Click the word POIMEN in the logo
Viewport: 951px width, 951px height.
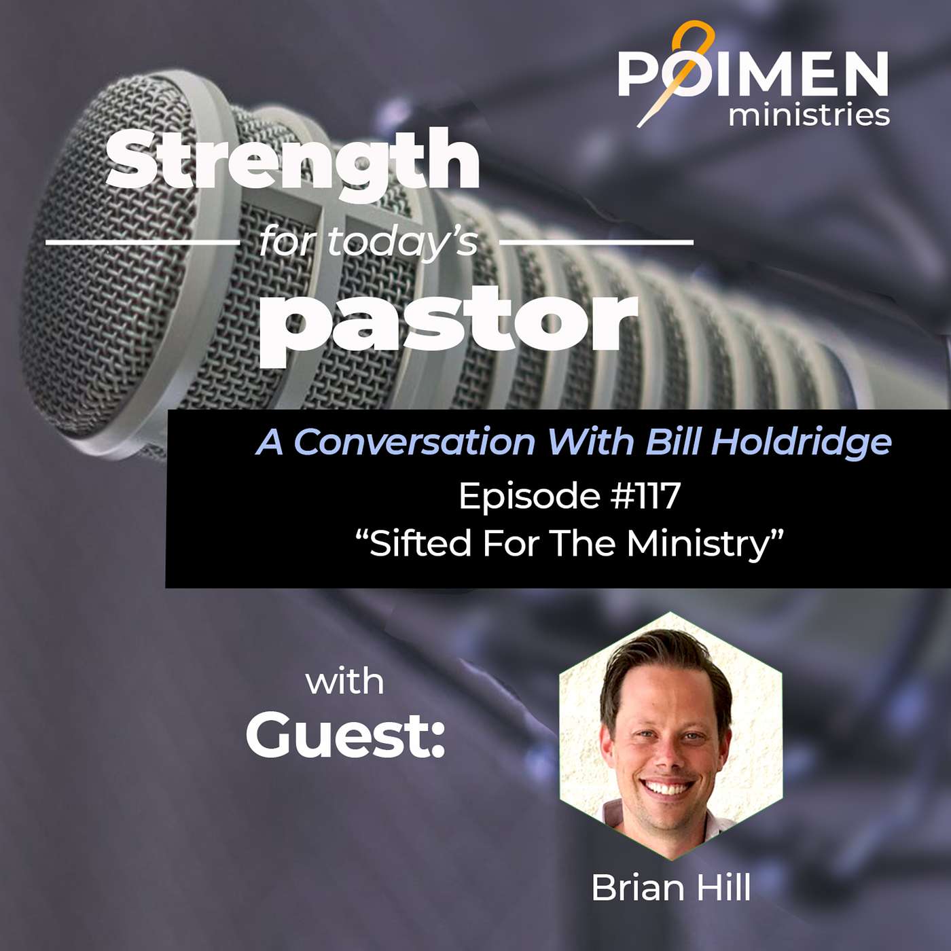753,74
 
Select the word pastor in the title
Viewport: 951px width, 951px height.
448,321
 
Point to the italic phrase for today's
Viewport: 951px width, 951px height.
368,243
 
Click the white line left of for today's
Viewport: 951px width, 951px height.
143,243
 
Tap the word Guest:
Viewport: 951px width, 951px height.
346,739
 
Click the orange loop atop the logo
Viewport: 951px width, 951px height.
696,37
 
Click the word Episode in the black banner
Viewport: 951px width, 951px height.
530,497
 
